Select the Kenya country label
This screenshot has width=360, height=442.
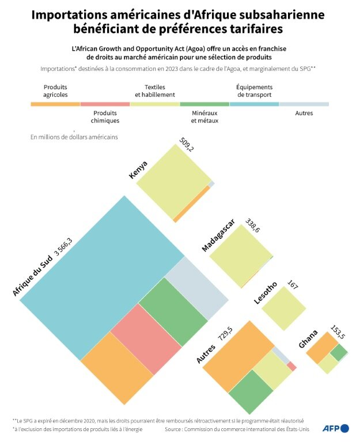pyautogui.click(x=138, y=170)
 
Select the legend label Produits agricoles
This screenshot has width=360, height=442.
pyautogui.click(x=55, y=91)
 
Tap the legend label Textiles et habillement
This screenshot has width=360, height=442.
pyautogui.click(x=155, y=91)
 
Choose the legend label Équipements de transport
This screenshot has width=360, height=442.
pyautogui.click(x=254, y=91)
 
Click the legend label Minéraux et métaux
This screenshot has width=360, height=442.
pyautogui.click(x=204, y=117)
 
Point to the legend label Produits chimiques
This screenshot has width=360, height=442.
pyautogui.click(x=106, y=117)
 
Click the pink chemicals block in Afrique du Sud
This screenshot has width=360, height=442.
pyautogui.click(x=146, y=339)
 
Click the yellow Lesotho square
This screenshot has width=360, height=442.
pyautogui.click(x=283, y=308)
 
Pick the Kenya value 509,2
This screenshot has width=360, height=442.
pyautogui.click(x=187, y=144)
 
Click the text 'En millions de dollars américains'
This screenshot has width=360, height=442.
pyautogui.click(x=74, y=138)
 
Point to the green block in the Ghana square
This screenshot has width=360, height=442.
pyautogui.click(x=339, y=352)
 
